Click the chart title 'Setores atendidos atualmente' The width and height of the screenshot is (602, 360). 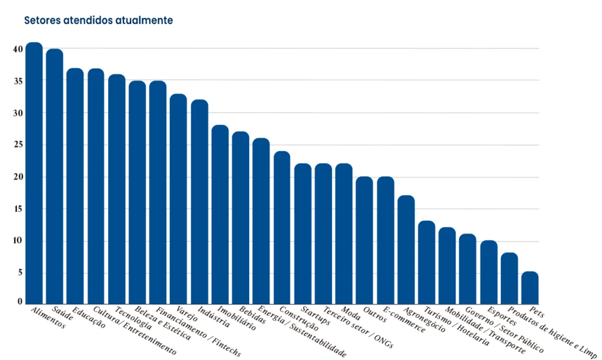(98, 20)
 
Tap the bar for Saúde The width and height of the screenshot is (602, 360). (55, 176)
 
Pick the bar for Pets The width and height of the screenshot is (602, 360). (530, 288)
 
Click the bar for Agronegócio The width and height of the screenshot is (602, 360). (406, 249)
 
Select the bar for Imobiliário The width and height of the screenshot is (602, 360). (220, 214)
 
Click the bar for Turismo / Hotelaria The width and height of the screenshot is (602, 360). (427, 262)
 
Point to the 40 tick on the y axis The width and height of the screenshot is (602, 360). (18, 49)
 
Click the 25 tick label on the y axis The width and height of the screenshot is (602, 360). (18, 145)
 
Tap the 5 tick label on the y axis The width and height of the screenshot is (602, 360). (19, 272)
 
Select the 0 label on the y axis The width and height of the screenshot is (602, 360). (19, 301)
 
